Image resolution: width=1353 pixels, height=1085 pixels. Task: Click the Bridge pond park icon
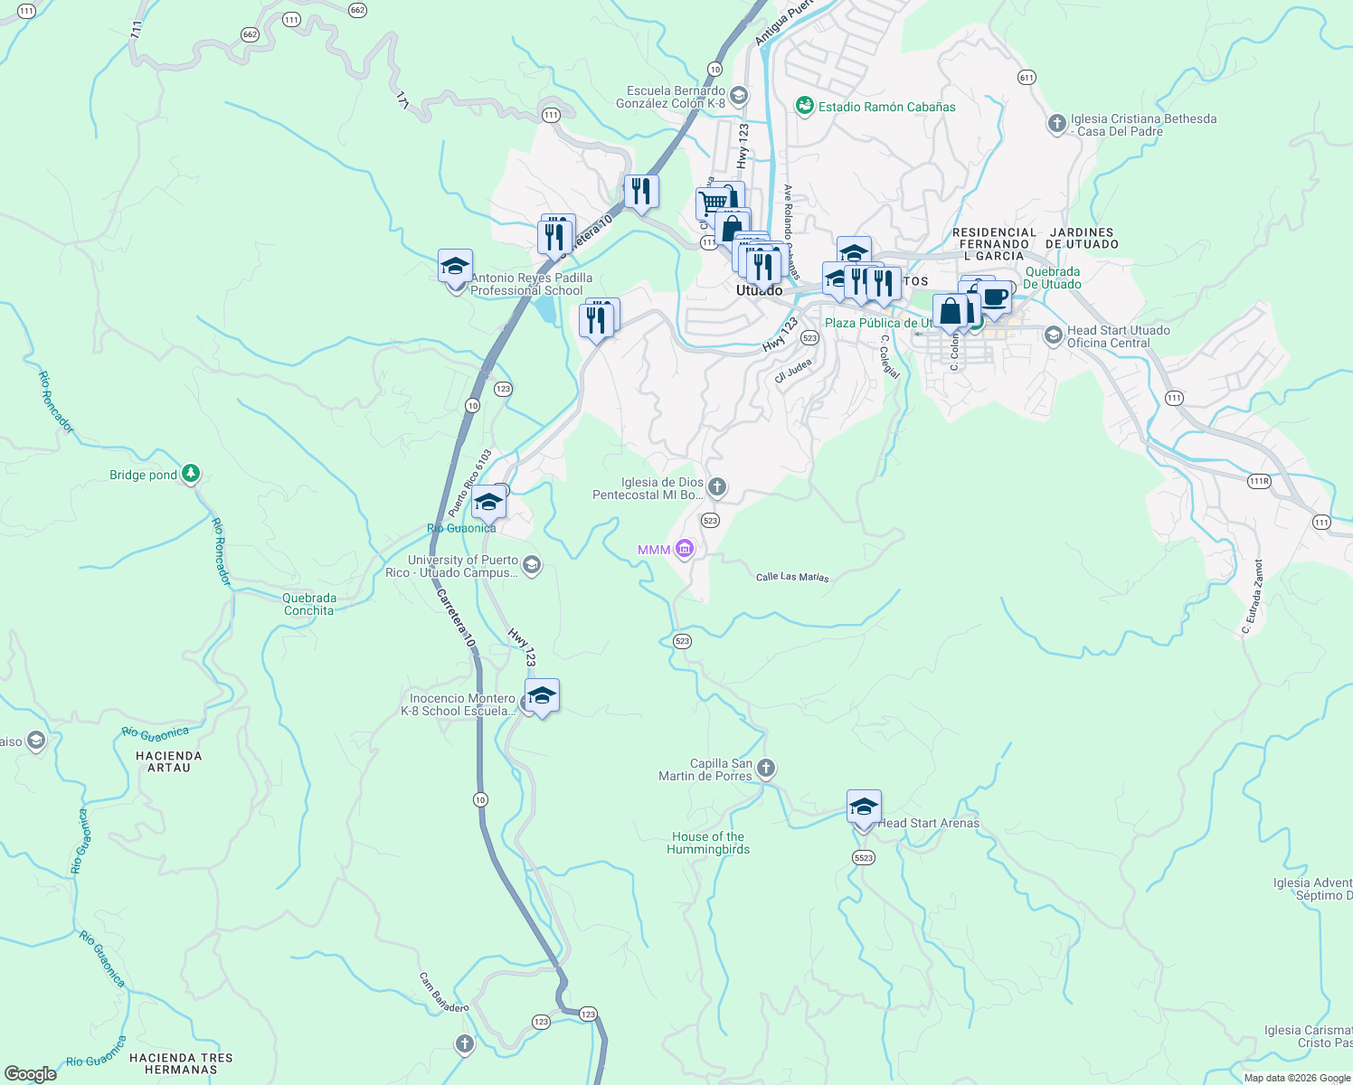(x=190, y=473)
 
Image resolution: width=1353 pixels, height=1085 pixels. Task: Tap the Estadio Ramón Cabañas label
(x=886, y=107)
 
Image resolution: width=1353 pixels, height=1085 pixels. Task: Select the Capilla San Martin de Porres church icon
(x=766, y=769)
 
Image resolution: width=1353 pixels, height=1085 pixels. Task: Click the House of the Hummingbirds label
(x=708, y=843)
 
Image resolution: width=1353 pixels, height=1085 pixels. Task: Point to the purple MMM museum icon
(x=685, y=549)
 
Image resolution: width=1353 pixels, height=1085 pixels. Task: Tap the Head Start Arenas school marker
(x=864, y=807)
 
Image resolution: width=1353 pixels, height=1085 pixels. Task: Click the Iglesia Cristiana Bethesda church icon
(x=1056, y=124)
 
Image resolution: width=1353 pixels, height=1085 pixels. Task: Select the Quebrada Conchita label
(x=309, y=604)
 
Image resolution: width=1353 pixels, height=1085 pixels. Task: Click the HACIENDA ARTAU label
(x=169, y=761)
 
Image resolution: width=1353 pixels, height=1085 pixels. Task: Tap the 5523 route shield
(x=864, y=857)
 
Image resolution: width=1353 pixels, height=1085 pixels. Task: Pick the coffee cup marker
(x=994, y=297)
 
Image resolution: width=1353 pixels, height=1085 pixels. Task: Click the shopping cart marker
(x=713, y=203)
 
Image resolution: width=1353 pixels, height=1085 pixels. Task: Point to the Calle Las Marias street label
(x=792, y=577)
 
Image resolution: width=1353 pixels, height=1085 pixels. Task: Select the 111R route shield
(x=1259, y=481)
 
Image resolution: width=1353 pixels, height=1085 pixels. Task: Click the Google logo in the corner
(x=30, y=1073)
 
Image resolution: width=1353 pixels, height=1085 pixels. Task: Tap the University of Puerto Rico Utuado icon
(x=532, y=566)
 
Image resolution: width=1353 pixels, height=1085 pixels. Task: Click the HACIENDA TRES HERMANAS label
(x=181, y=1063)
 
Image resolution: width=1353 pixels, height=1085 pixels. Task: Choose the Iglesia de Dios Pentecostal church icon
(x=716, y=488)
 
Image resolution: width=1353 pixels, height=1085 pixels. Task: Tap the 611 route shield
(x=1026, y=78)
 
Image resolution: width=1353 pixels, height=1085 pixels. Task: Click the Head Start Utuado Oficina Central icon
(x=1053, y=335)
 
